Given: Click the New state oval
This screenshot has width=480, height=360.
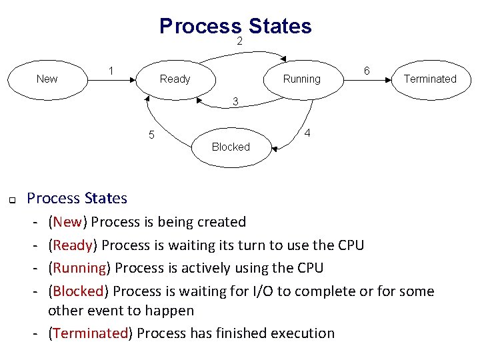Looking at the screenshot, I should click(47, 79).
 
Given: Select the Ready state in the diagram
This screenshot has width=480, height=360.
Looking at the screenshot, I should click(175, 79).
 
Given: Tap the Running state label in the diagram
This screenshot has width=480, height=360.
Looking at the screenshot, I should click(301, 79).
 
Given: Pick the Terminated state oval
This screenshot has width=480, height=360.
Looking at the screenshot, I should click(430, 79).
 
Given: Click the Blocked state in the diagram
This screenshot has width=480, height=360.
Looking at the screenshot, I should click(230, 147).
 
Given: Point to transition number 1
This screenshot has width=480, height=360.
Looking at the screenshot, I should click(112, 71).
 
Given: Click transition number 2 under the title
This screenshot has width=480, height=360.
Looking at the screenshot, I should click(239, 41).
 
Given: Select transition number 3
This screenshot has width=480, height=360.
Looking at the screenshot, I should click(235, 101).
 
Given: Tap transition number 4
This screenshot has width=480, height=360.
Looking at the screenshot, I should click(307, 133).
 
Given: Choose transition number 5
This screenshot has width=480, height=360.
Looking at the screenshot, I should click(151, 135).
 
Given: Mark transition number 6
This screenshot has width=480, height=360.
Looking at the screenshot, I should click(367, 71).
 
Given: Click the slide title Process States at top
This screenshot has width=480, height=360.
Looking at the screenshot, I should click(235, 25).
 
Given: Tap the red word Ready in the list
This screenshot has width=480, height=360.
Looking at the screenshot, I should click(73, 245).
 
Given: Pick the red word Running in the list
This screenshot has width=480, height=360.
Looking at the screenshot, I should click(79, 268).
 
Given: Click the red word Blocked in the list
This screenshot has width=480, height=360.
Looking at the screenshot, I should click(78, 291).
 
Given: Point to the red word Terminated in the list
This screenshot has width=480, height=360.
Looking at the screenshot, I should click(90, 333).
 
